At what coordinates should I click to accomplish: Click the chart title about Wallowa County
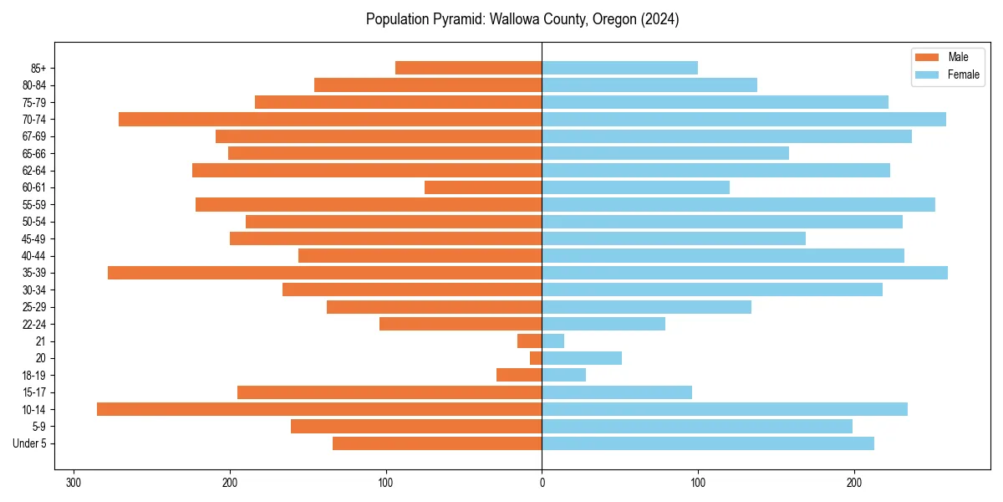pos(522,19)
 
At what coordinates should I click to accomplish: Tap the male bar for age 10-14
pos(319,409)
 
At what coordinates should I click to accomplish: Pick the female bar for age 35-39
pos(745,273)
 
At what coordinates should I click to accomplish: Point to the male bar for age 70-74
pos(330,119)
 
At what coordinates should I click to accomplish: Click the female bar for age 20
pos(582,358)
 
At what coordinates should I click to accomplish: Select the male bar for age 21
pos(530,341)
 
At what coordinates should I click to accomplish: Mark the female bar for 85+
pos(619,68)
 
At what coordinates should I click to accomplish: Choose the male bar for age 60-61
pos(483,187)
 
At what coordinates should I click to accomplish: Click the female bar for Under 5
pos(708,443)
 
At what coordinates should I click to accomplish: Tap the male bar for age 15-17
pos(389,392)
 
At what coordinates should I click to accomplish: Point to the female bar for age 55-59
pos(738,204)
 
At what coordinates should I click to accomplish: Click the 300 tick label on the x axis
pos(74,483)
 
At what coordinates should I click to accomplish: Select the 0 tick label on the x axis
pos(542,483)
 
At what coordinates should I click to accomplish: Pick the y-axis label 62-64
pos(33,171)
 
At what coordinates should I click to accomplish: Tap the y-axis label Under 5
pos(29,443)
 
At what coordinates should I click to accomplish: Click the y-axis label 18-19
pos(33,376)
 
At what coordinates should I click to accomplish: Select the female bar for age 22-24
pos(603,324)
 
